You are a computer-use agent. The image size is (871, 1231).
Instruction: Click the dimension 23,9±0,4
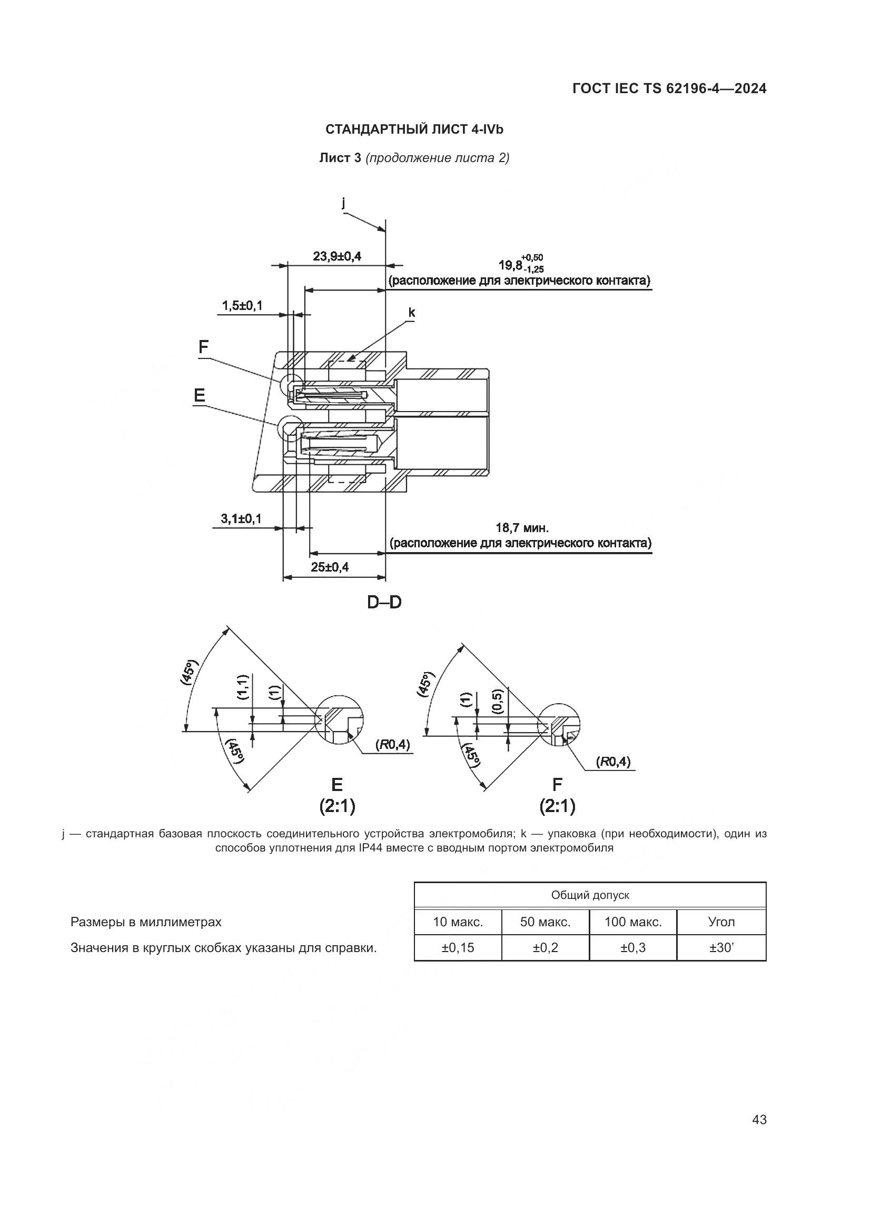(x=337, y=256)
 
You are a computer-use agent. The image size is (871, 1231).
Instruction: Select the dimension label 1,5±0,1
(x=242, y=306)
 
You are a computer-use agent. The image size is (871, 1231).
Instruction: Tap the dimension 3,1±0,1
(x=241, y=518)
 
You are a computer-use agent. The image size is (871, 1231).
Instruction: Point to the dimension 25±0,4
(x=329, y=567)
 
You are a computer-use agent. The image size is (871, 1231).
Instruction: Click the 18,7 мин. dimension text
(x=521, y=527)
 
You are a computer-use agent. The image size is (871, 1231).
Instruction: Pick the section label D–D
(x=384, y=603)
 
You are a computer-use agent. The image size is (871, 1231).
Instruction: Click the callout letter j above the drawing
(x=343, y=203)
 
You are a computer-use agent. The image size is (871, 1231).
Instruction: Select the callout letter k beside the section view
(x=411, y=313)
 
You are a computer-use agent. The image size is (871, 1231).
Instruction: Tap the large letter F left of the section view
(x=203, y=347)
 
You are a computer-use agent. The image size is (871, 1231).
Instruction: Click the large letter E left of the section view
(x=199, y=396)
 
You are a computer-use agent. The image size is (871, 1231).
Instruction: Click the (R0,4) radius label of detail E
(x=392, y=744)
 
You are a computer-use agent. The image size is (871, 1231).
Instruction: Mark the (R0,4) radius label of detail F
(x=613, y=762)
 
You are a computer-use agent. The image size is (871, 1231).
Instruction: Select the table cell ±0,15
(x=458, y=947)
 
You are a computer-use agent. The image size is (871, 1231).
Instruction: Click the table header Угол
(x=721, y=922)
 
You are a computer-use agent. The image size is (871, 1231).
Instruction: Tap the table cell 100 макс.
(x=633, y=922)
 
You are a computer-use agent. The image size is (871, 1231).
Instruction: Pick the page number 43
(x=759, y=1120)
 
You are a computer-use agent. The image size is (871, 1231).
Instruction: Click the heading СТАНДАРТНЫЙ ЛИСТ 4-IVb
(x=414, y=130)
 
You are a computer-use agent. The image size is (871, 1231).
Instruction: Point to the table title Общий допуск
(x=590, y=895)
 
